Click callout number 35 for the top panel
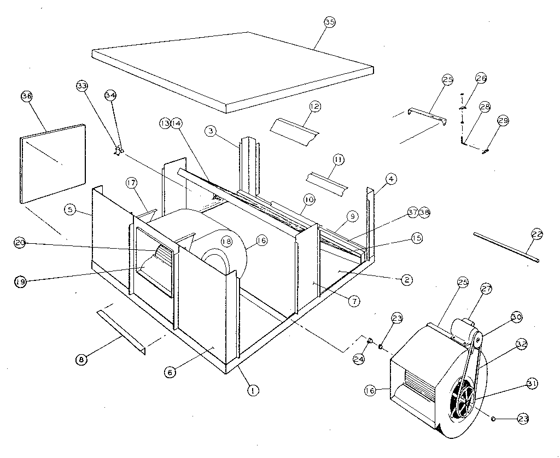329,22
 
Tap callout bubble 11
339,160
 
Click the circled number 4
392,179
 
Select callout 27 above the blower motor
486,289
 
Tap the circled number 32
521,344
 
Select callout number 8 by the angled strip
81,359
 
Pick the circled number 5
69,209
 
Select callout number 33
82,86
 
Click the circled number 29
503,120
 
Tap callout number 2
406,280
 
